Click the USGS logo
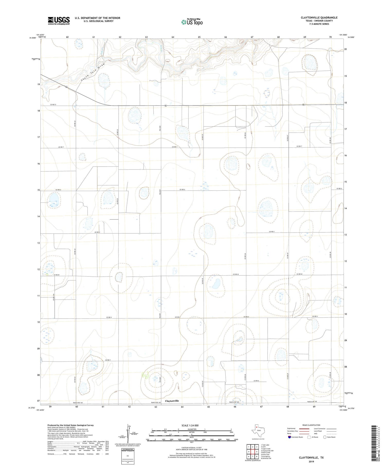tap(58, 21)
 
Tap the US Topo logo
tap(192, 22)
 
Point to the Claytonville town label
tap(172, 401)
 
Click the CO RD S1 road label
tap(53, 104)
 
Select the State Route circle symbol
tap(325, 437)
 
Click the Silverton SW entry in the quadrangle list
tap(266, 458)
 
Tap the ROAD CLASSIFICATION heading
tap(311, 425)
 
